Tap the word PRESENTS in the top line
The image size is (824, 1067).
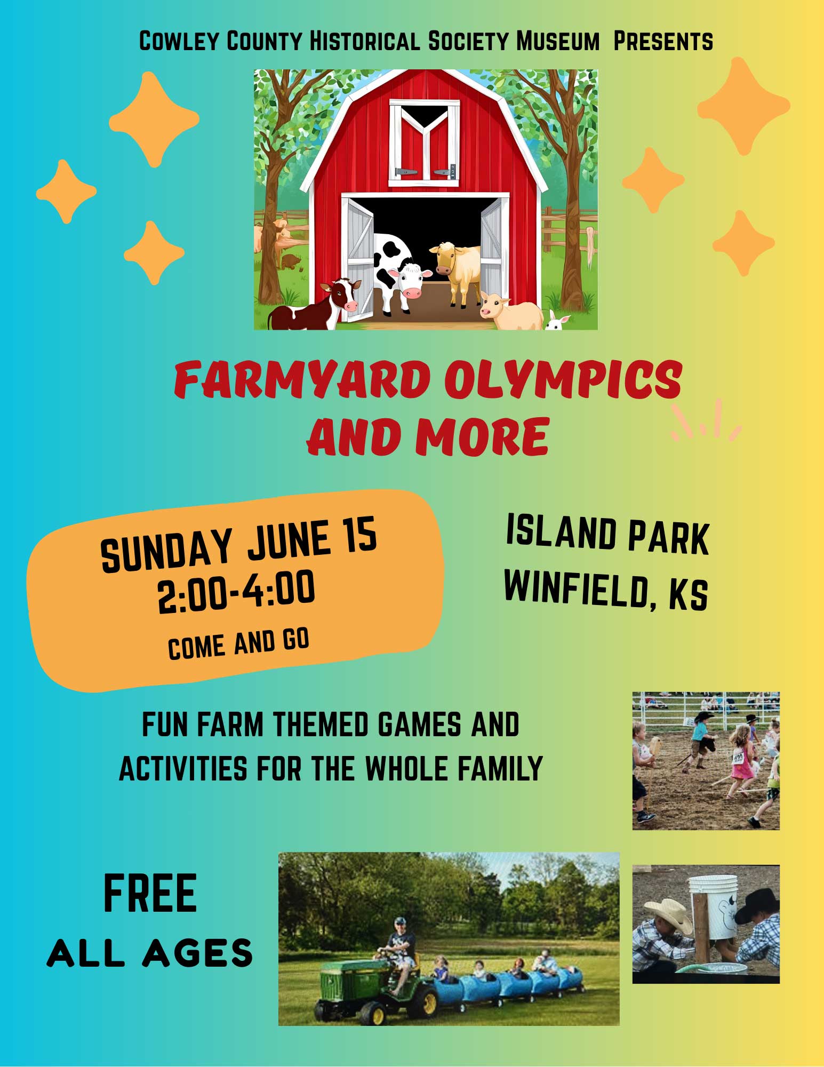click(663, 42)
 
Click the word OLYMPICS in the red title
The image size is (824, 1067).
click(563, 380)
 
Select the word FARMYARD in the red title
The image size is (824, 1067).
click(302, 380)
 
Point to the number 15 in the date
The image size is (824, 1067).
click(359, 535)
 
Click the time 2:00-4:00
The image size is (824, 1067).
click(236, 591)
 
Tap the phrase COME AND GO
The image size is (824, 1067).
click(238, 644)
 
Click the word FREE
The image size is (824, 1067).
click(150, 893)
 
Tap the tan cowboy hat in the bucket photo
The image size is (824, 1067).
click(668, 912)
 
